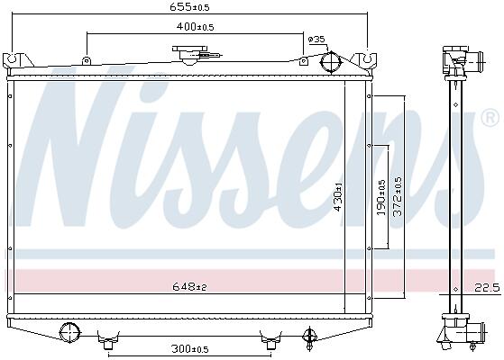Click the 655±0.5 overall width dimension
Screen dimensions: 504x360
coord(189,6)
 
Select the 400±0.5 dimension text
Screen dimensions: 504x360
coord(195,27)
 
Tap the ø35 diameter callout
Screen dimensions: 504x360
coord(316,40)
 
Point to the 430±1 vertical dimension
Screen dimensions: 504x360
coord(338,197)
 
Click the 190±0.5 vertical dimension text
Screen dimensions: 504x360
coord(380,197)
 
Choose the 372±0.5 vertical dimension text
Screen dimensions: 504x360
coord(398,196)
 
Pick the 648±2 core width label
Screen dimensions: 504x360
coord(189,286)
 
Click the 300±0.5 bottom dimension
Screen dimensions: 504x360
coord(190,349)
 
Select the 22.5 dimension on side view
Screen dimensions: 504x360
coord(488,287)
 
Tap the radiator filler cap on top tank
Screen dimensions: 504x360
coord(189,54)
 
